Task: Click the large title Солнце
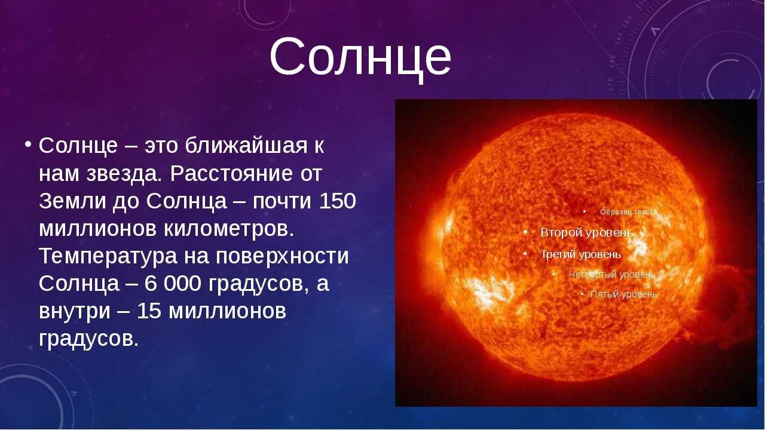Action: (360, 56)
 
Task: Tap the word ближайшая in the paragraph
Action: (246, 146)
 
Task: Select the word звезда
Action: (124, 174)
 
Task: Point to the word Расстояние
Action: (231, 174)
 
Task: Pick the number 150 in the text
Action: (338, 201)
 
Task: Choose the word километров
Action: (229, 229)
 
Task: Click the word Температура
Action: (108, 257)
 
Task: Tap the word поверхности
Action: (282, 257)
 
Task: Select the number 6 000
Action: (173, 284)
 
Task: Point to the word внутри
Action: (75, 312)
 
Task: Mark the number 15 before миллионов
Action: (149, 311)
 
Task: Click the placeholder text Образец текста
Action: (629, 212)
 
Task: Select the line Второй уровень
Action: (587, 233)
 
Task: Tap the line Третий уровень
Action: (580, 254)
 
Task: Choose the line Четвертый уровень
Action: (611, 275)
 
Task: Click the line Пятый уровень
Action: (623, 294)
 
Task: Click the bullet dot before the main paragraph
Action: (28, 144)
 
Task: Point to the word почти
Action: (281, 201)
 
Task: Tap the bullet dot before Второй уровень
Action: (525, 232)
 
